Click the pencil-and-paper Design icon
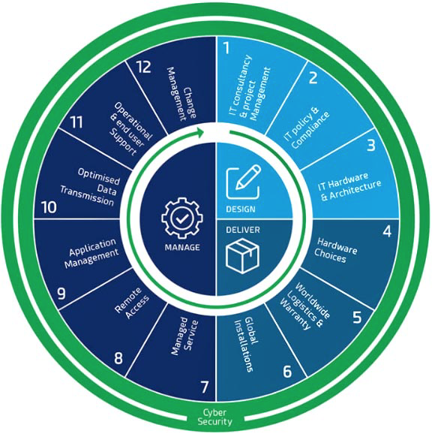(243, 182)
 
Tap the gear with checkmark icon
(181, 218)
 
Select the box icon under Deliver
(242, 256)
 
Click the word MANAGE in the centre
(182, 247)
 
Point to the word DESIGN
(241, 209)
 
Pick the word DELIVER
(243, 230)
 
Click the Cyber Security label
(214, 417)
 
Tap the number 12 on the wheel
(143, 67)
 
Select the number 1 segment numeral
(226, 47)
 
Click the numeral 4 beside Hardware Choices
(387, 231)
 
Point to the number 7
(204, 387)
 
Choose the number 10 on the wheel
(49, 207)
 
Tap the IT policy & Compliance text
(307, 128)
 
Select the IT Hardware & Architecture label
(349, 186)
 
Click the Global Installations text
(247, 345)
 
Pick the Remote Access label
(133, 303)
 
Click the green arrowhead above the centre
(200, 132)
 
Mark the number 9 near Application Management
(61, 294)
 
